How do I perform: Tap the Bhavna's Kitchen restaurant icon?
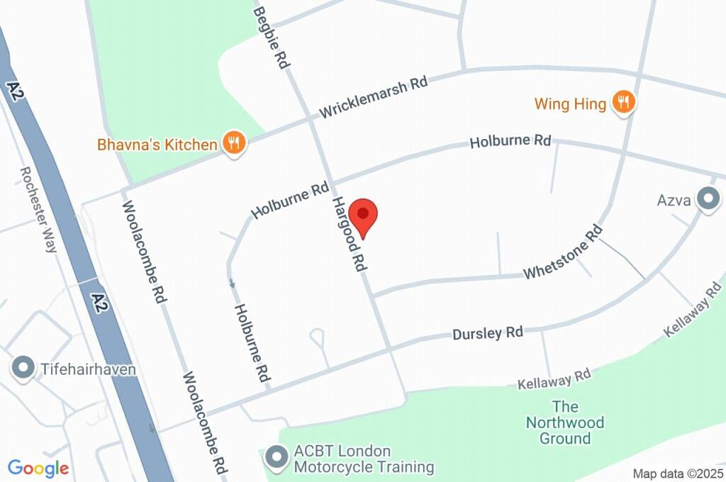pyautogui.click(x=233, y=143)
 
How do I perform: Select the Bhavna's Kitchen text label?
pyautogui.click(x=158, y=145)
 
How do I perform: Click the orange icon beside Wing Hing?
pyautogui.click(x=623, y=103)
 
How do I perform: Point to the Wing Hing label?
pyautogui.click(x=570, y=104)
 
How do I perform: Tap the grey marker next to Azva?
pyautogui.click(x=707, y=199)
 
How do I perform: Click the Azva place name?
pyautogui.click(x=674, y=200)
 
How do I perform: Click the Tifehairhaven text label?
pyautogui.click(x=86, y=369)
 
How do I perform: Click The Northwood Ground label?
pyautogui.click(x=565, y=422)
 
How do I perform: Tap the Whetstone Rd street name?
pyautogui.click(x=563, y=253)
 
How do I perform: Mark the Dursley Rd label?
pyautogui.click(x=488, y=332)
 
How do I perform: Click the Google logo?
pyautogui.click(x=38, y=468)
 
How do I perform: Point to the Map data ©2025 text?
pyautogui.click(x=676, y=473)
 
